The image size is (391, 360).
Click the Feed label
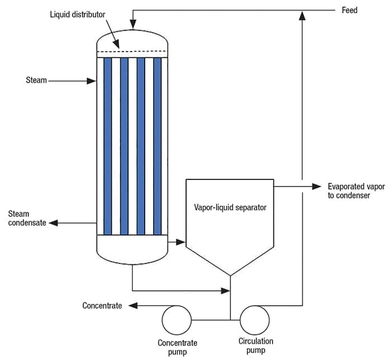(349, 10)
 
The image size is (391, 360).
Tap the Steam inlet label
(36, 80)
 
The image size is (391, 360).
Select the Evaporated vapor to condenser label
(355, 191)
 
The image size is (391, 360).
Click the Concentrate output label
(102, 305)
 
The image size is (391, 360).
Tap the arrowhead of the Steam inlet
(93, 81)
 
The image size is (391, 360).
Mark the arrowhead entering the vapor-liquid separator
(181, 242)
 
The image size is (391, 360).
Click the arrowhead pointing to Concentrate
(132, 305)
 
